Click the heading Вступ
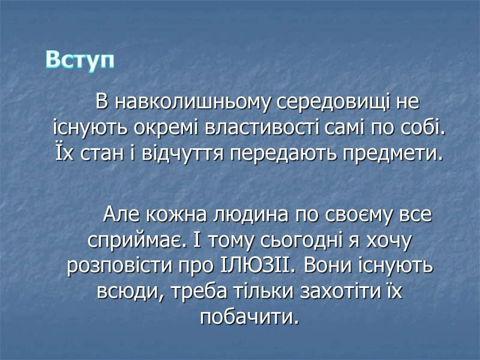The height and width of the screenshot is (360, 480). tap(80, 60)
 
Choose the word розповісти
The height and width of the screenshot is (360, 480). tap(115, 266)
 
